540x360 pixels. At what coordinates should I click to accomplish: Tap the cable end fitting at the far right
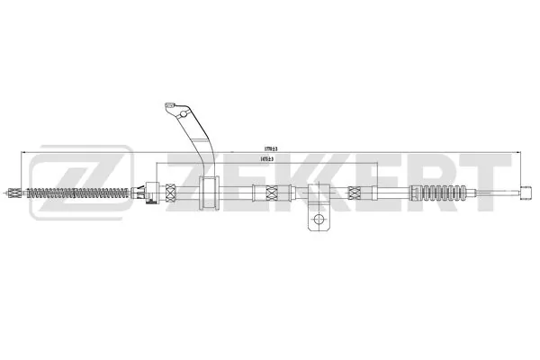[x=528, y=190]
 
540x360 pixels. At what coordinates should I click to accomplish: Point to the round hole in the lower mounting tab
[x=316, y=219]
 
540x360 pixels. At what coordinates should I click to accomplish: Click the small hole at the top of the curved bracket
[x=175, y=109]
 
